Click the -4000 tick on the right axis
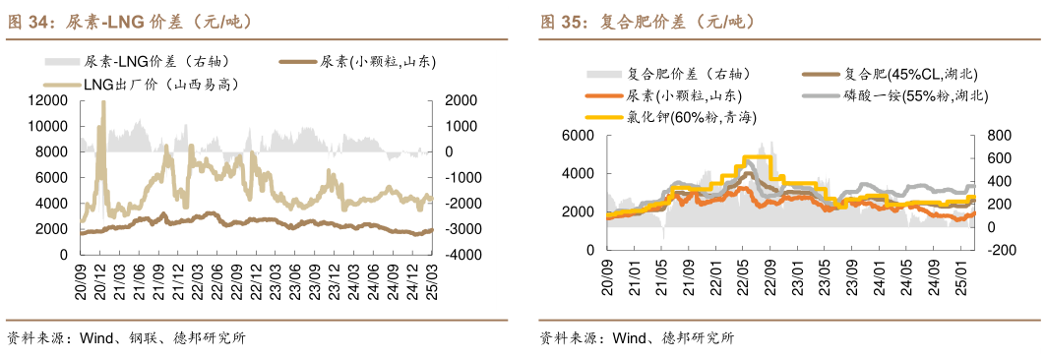(x=461, y=255)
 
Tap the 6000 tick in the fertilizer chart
(x=577, y=136)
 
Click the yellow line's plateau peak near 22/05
(x=757, y=157)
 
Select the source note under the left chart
(x=126, y=338)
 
